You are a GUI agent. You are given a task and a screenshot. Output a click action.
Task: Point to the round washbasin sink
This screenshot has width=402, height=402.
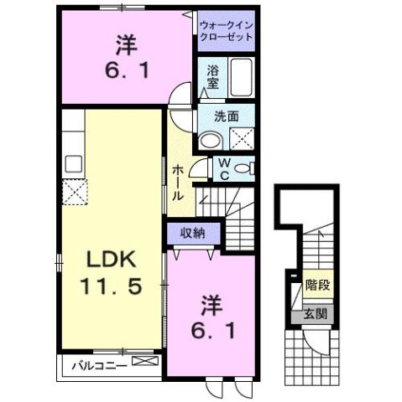[x=210, y=140]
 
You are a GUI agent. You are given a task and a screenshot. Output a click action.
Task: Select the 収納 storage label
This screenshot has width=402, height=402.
[x=192, y=233]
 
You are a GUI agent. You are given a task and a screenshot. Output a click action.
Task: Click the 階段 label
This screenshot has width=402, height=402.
[x=317, y=285]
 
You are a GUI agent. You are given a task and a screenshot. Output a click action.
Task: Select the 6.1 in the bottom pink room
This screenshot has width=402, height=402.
[x=210, y=328]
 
